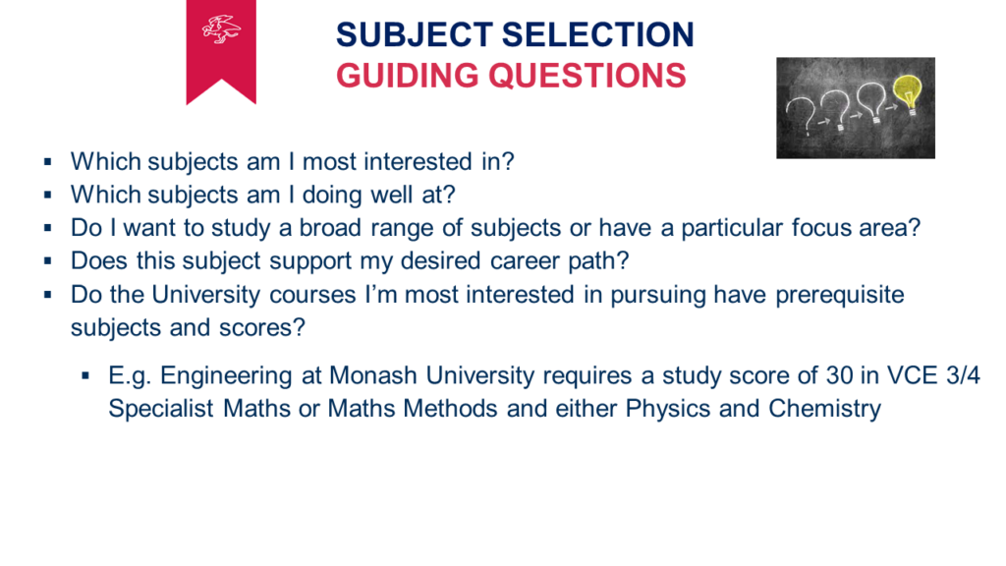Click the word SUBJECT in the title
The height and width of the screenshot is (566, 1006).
coord(415,34)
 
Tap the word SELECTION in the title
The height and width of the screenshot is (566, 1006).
coord(598,34)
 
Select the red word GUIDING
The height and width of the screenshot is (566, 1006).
coord(408,76)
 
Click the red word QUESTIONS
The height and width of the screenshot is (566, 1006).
coord(587,76)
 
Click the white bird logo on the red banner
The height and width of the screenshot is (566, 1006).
coord(221,29)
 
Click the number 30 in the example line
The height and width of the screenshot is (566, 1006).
coord(839,375)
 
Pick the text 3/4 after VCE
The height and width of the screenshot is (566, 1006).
coord(963,375)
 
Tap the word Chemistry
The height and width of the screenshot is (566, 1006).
coord(824,409)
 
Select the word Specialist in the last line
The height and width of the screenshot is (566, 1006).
coord(160,409)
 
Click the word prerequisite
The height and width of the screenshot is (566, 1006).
coord(840,295)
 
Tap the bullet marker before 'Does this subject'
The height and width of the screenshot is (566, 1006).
coord(48,261)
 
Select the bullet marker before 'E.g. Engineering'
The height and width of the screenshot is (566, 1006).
coord(86,376)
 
